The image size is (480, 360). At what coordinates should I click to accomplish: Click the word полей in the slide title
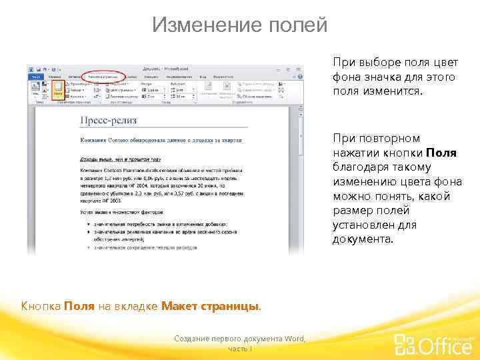point(296,25)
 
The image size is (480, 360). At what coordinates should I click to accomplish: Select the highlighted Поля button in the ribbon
point(58,90)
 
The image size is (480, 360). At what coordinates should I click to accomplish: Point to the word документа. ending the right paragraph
point(363,239)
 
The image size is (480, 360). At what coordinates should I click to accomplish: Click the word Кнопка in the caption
point(41,306)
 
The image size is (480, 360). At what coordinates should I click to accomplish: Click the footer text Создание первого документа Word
point(239,339)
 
